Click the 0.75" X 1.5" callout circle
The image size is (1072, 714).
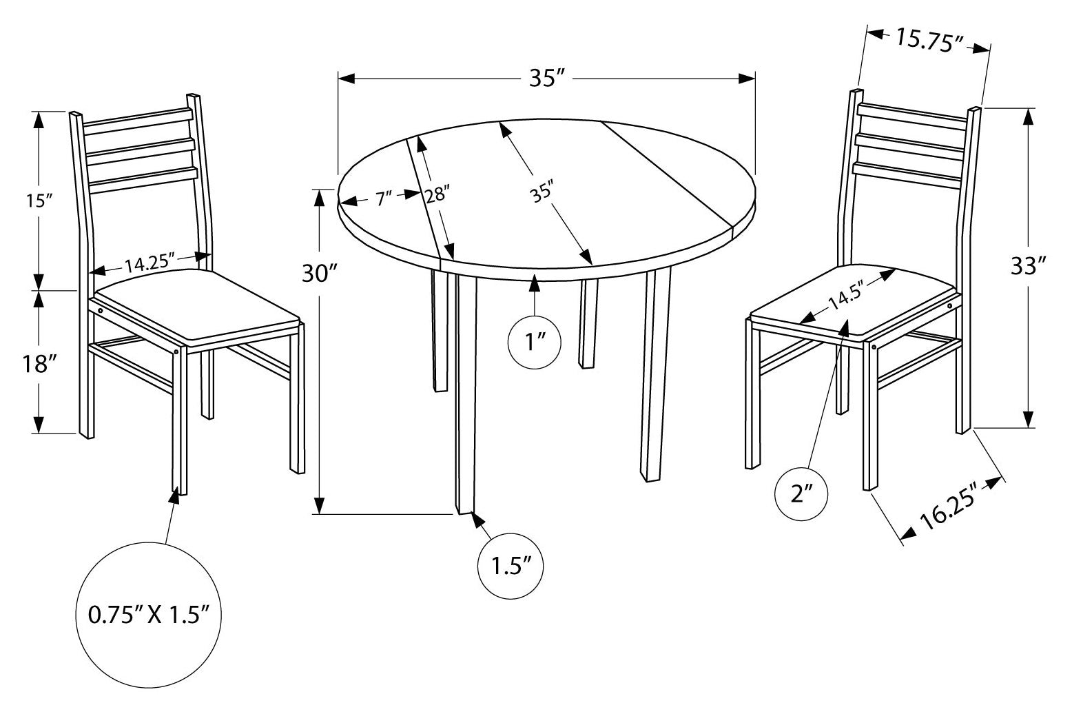pos(149,615)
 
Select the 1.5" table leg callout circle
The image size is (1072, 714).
pos(511,566)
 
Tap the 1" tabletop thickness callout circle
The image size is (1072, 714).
pos(535,343)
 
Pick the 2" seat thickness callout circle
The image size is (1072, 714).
pos(801,493)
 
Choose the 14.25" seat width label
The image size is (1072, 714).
pos(149,264)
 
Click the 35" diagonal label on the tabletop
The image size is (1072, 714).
pos(542,192)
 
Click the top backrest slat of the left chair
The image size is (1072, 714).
pos(138,121)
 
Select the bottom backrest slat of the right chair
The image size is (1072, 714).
pos(907,176)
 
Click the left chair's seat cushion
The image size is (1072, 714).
pos(197,307)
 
